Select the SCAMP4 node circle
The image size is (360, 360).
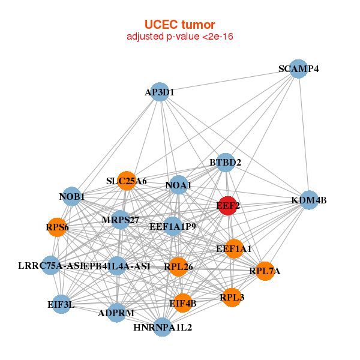[x=298, y=68]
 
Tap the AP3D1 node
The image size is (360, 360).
[x=159, y=92]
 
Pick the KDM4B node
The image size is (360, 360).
[x=308, y=200]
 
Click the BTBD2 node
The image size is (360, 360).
[x=225, y=163]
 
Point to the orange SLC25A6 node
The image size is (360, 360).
[x=127, y=181]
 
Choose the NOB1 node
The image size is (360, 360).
[x=71, y=196]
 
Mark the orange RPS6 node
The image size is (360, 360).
[x=57, y=227]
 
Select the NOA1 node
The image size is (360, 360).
[x=178, y=185]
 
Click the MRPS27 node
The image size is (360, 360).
[x=120, y=220]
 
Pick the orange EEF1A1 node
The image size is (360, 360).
[x=234, y=248]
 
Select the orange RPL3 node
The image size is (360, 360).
[x=232, y=296]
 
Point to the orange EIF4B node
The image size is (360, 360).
[x=182, y=303]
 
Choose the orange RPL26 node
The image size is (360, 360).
[x=178, y=266]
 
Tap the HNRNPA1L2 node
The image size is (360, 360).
[x=163, y=327]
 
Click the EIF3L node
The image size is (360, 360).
[x=61, y=304]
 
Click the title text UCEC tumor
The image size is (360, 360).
[x=179, y=25]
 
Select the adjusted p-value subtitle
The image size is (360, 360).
[x=179, y=37]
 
